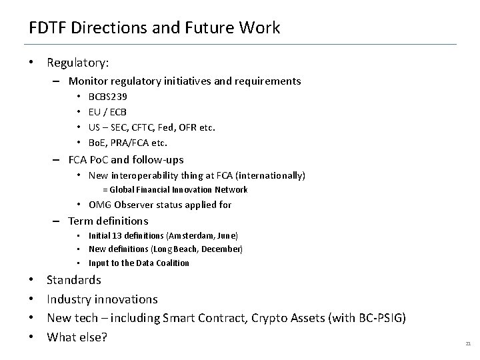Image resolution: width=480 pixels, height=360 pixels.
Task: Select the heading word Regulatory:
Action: tap(78, 63)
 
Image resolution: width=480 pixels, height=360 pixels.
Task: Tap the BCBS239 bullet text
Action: tap(107, 97)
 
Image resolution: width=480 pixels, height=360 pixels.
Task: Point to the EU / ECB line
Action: tap(107, 112)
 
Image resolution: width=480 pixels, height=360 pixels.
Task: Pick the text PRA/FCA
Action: tap(135, 142)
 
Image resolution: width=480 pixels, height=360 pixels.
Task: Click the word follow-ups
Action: tap(157, 159)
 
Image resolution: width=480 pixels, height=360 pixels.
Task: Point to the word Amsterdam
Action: tap(191, 236)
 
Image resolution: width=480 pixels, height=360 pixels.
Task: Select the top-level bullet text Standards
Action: tap(74, 280)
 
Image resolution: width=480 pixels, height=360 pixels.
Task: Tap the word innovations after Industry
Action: tap(126, 299)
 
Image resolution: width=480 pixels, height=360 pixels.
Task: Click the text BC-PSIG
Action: tap(377, 319)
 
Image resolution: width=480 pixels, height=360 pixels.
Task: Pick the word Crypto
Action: tap(267, 319)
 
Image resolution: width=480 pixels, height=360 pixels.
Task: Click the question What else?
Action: tap(77, 337)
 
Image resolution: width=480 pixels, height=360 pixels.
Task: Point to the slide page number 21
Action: tap(467, 343)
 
